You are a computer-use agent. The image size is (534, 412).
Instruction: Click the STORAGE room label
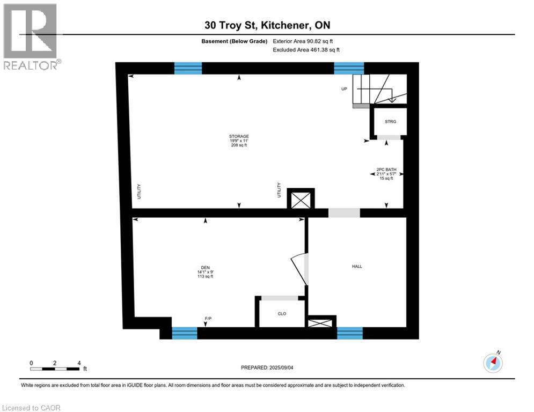coord(239,136)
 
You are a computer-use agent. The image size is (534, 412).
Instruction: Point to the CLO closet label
coord(282,314)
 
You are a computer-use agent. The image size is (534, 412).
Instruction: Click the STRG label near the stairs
coord(390,122)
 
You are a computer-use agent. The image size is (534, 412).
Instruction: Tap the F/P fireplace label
coord(208,319)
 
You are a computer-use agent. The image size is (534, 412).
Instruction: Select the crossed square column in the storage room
coord(301,200)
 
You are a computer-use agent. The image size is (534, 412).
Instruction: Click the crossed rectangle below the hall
coord(321,322)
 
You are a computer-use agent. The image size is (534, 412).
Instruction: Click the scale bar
coord(55,368)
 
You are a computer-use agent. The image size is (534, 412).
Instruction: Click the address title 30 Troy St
coord(267,26)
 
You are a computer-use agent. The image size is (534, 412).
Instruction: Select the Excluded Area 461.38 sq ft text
coord(306,50)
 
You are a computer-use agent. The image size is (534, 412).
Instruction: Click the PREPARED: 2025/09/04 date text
coord(267,367)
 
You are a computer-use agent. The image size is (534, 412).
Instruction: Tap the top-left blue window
coord(188,68)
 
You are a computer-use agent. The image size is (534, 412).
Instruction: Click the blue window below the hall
coord(350,333)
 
